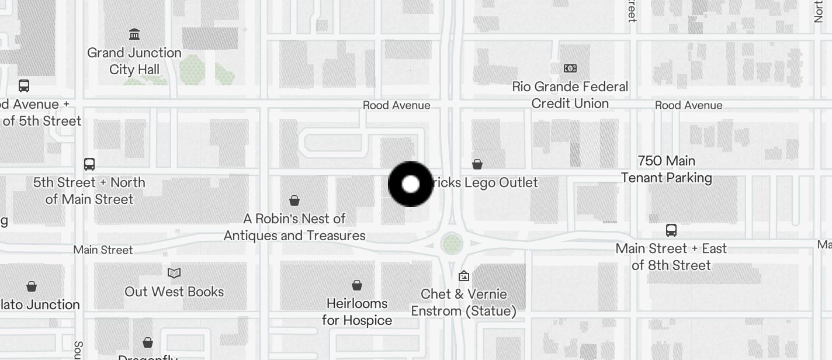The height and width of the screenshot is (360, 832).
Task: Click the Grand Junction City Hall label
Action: [x=134, y=61]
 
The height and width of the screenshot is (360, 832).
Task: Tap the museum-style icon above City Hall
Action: [x=134, y=34]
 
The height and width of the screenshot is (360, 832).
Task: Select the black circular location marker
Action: [x=411, y=184]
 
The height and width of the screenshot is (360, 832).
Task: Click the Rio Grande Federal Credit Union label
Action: [x=570, y=95]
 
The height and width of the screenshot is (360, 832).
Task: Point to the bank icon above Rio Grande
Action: [x=570, y=68]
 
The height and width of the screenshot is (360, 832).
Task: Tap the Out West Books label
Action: [x=174, y=292]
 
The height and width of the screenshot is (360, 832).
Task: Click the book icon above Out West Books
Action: [x=174, y=273]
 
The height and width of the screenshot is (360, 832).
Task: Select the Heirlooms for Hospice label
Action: [x=357, y=311]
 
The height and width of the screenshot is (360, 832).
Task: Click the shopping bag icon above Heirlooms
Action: [x=357, y=285]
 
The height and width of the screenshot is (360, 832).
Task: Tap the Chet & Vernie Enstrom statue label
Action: [x=464, y=302]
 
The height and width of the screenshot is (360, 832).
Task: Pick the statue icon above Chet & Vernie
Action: [x=464, y=275]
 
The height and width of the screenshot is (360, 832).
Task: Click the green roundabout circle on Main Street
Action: [x=452, y=243]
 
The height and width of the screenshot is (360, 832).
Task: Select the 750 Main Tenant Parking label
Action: [x=667, y=169]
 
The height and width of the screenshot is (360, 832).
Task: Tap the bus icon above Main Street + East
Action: [x=671, y=230]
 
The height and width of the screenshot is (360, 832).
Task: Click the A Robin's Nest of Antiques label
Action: [x=294, y=227]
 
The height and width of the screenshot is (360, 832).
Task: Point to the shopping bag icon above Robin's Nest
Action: [x=294, y=201]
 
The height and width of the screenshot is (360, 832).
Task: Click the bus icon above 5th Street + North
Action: [x=89, y=164]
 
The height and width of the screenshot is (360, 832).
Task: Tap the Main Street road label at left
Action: [x=103, y=250]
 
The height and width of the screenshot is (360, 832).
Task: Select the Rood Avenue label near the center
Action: [x=397, y=105]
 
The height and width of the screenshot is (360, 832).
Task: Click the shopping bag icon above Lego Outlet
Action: [x=477, y=164]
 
